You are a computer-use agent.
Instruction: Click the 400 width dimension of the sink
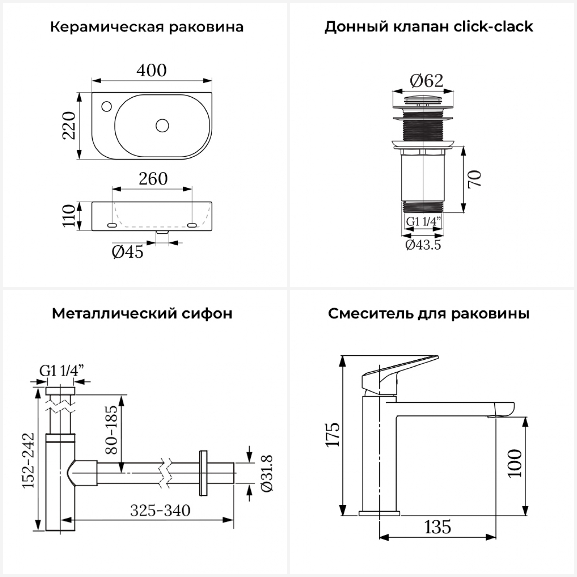(152, 70)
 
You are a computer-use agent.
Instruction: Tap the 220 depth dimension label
(69, 125)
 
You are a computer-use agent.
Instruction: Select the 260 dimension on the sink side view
(153, 179)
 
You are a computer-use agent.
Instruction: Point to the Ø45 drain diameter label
(127, 252)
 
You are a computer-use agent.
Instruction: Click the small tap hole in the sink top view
(107, 105)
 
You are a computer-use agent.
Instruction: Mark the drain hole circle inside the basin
(162, 125)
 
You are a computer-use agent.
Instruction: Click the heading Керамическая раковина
(147, 27)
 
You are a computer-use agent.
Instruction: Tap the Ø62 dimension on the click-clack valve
(426, 81)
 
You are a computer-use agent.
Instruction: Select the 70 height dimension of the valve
(475, 178)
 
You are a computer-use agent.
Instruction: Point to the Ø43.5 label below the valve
(423, 245)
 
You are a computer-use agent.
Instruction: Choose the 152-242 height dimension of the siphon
(28, 460)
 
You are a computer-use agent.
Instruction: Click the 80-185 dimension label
(112, 429)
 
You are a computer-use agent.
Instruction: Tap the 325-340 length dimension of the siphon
(160, 510)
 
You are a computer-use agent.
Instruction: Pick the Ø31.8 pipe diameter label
(267, 473)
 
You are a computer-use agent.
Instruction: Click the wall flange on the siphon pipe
(203, 473)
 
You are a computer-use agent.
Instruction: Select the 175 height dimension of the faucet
(333, 434)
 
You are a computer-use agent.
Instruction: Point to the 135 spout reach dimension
(438, 527)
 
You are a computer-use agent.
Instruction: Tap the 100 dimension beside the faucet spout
(515, 463)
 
